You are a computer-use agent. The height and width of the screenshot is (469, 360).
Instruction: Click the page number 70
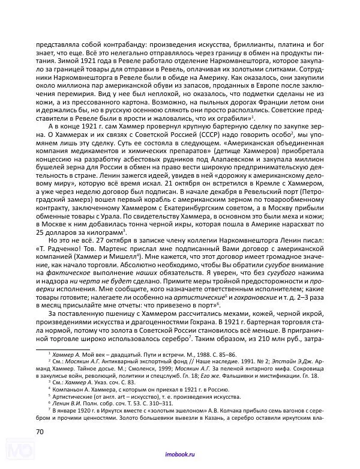(41, 431)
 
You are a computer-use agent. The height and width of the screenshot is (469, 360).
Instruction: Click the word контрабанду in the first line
(119, 44)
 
